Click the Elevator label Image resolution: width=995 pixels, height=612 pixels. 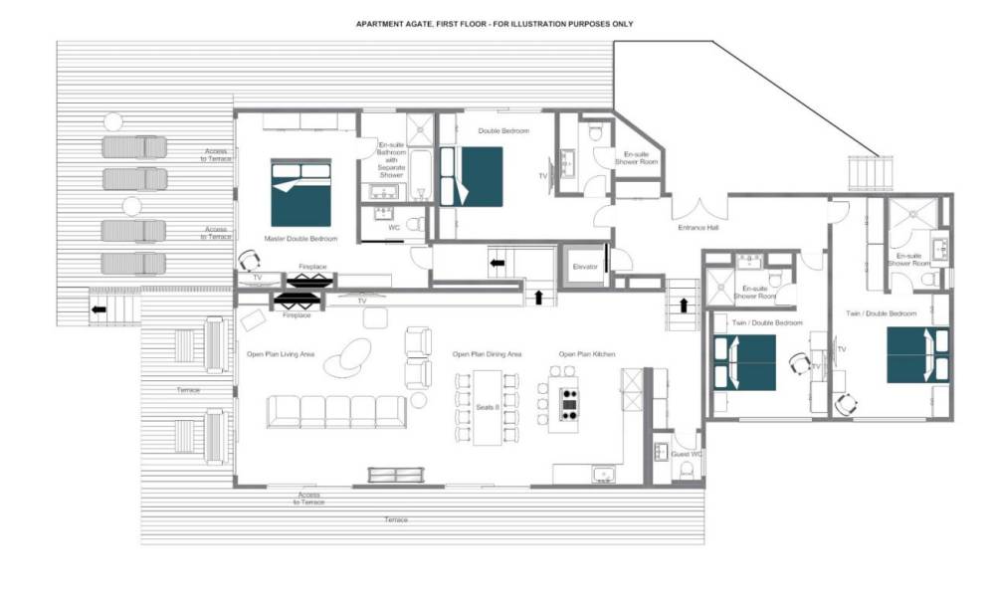[585, 267]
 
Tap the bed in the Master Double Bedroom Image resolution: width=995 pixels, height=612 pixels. [300, 192]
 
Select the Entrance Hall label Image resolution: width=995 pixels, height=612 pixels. [698, 227]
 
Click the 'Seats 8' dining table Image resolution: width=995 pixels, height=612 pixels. [488, 408]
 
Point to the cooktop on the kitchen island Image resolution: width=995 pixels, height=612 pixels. [569, 404]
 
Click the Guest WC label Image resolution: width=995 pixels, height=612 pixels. [687, 455]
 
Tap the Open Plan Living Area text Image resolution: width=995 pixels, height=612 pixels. [281, 354]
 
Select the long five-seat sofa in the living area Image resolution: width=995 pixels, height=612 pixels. [336, 412]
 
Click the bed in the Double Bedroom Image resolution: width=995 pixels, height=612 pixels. [472, 176]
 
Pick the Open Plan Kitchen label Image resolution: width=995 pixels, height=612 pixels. [587, 354]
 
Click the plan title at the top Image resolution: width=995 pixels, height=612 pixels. [495, 24]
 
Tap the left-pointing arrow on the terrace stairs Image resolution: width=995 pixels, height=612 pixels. [99, 309]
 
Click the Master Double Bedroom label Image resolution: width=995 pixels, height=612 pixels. [300, 239]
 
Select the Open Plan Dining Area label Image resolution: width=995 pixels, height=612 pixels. [487, 354]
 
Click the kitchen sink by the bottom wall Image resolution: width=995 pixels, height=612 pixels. [604, 474]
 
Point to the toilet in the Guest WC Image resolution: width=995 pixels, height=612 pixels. [687, 470]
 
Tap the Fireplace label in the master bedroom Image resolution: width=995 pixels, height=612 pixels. [312, 267]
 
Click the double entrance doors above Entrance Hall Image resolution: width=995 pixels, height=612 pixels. [699, 207]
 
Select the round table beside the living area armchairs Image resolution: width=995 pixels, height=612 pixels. [418, 400]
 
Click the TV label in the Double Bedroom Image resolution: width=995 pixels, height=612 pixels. [543, 176]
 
